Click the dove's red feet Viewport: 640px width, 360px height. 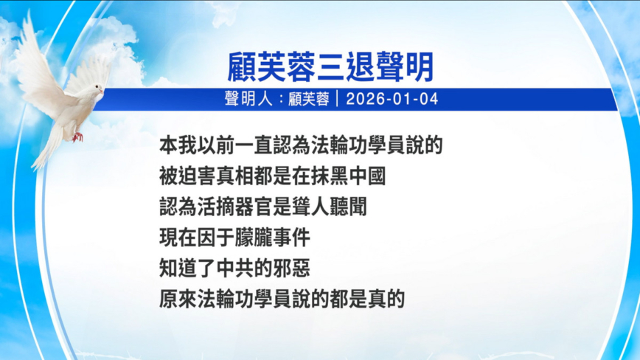pos(77,136)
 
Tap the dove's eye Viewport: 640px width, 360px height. pos(97,87)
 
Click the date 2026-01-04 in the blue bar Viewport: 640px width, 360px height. pos(392,99)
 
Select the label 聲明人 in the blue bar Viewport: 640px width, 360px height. pos(248,99)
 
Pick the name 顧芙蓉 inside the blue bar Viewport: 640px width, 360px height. pos(308,99)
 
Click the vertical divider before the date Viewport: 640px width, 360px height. pos(338,99)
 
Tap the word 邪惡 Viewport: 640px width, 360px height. pos(291,269)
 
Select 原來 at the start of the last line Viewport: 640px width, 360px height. pos(178,299)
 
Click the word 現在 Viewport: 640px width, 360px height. pos(178,238)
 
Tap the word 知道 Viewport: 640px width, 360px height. pos(178,269)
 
